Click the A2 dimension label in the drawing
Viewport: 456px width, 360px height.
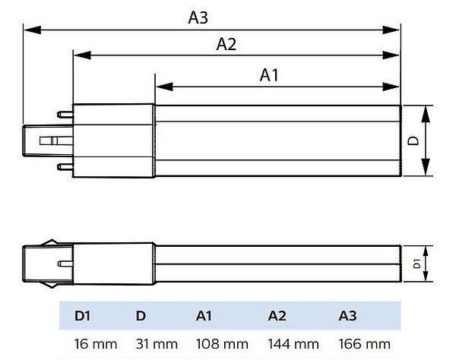coord(226,45)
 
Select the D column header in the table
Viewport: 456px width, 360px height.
coord(141,314)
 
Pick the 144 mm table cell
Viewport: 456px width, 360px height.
coord(294,344)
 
